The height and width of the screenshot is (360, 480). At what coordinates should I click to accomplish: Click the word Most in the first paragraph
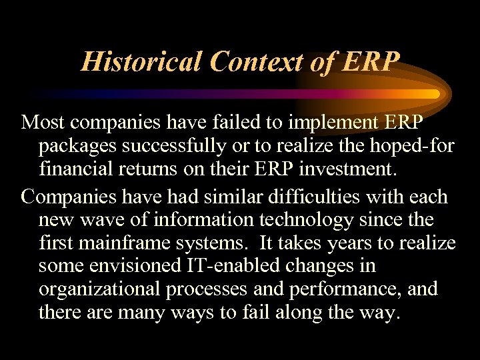(44, 123)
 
